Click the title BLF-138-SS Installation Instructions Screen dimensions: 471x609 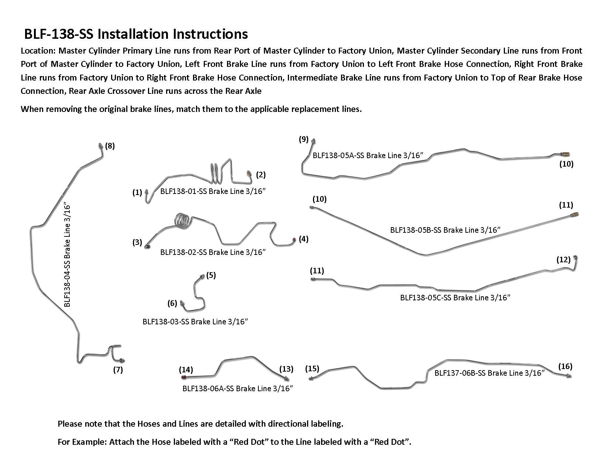coord(136,34)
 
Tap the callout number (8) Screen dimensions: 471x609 coord(110,146)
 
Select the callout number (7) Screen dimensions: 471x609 coord(118,370)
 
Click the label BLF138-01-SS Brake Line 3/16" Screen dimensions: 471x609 coord(213,191)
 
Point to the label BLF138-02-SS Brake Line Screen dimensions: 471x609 coord(213,252)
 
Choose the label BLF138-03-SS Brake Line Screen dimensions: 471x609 coord(195,322)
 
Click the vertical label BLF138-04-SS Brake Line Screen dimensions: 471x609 coord(67,255)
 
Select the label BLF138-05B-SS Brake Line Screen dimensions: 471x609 coord(445,230)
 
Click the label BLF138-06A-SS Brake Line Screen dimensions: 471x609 coord(238,389)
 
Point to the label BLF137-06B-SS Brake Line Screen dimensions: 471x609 coord(489,373)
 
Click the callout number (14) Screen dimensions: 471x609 coord(186,370)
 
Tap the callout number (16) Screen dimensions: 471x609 coord(565,366)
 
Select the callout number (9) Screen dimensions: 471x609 coord(303,139)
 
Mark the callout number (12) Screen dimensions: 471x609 coord(563,260)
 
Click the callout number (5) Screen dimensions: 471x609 coord(211,275)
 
